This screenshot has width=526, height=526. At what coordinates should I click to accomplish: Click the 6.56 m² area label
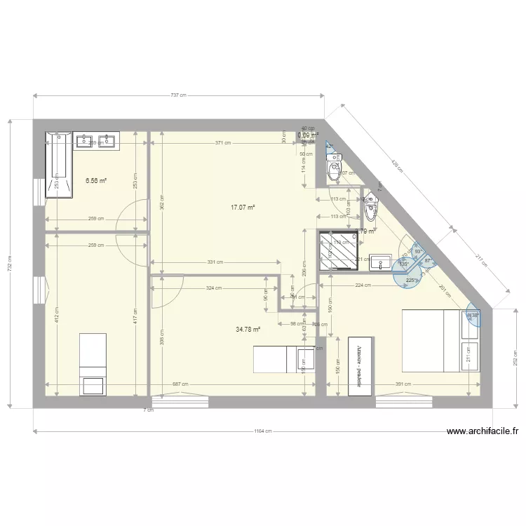pyautogui.click(x=95, y=180)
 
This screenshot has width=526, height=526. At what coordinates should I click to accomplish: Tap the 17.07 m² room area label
pyautogui.click(x=243, y=208)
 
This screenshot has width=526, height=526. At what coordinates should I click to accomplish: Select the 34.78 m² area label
pyautogui.click(x=248, y=329)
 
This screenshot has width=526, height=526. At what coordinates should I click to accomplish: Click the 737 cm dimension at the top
pyautogui.click(x=179, y=95)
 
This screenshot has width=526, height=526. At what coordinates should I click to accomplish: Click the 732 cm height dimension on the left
pyautogui.click(x=9, y=264)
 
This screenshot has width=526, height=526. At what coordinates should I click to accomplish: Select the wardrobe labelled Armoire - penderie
pyautogui.click(x=360, y=366)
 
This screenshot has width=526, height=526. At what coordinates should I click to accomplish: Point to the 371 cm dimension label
pyautogui.click(x=223, y=143)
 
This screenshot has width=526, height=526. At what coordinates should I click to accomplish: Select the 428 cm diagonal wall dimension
pyautogui.click(x=397, y=166)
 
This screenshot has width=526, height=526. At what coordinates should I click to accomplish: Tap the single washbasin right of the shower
pyautogui.click(x=380, y=262)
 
